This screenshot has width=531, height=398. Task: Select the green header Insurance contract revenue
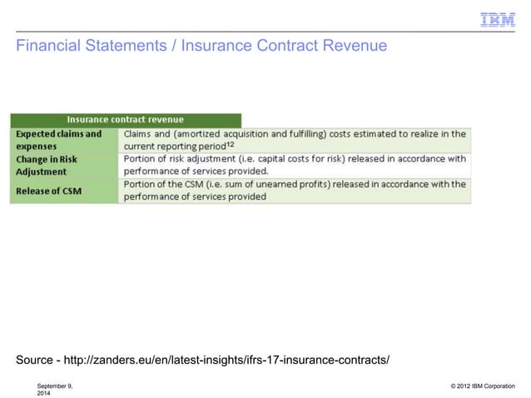click(x=126, y=120)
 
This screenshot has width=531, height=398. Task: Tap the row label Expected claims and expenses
click(x=58, y=139)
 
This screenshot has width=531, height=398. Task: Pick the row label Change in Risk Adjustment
click(x=47, y=165)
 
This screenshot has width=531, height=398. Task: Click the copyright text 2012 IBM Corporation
click(x=484, y=386)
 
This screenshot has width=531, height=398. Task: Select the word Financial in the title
click(x=48, y=47)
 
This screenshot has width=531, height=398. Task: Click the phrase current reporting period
click(x=176, y=146)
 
